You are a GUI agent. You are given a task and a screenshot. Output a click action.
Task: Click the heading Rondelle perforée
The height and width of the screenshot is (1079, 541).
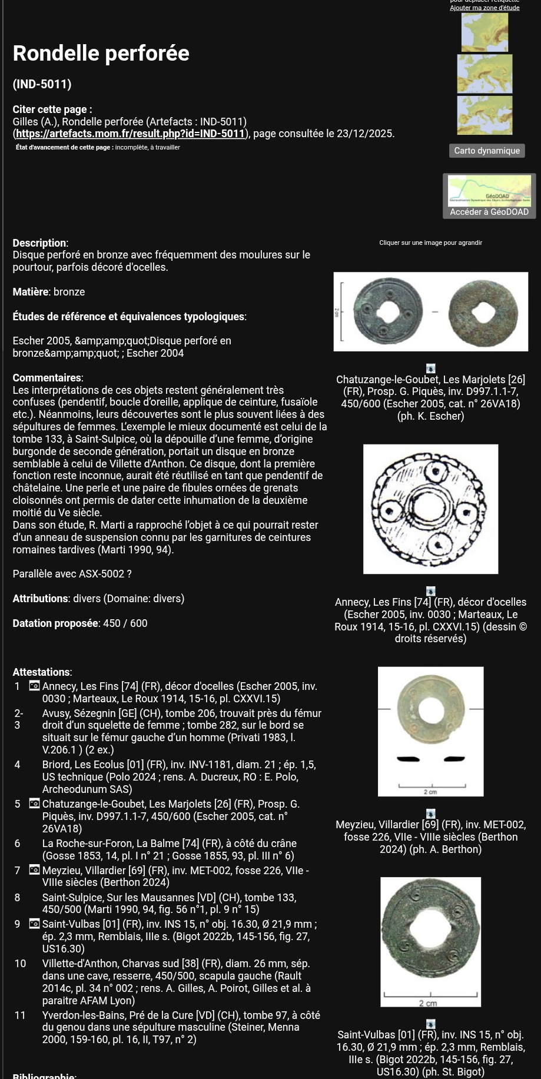click(x=101, y=54)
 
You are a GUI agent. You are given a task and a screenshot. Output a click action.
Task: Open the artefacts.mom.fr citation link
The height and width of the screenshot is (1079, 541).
click(x=130, y=134)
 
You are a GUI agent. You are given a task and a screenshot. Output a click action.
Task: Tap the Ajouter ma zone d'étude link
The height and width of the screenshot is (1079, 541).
click(x=484, y=8)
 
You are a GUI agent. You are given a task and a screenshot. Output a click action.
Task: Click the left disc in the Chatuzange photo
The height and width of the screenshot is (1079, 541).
click(x=383, y=311)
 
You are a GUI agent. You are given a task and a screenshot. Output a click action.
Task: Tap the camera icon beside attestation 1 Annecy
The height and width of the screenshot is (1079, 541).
click(x=35, y=686)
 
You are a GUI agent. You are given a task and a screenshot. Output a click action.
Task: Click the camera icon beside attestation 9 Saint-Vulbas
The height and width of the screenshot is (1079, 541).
click(x=35, y=924)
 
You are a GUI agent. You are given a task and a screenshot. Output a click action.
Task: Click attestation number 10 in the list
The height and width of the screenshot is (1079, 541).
click(x=20, y=964)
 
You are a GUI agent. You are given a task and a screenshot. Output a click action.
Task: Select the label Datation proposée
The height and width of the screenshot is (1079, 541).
click(x=55, y=623)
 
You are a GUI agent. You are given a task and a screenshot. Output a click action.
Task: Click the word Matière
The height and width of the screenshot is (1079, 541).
click(x=31, y=292)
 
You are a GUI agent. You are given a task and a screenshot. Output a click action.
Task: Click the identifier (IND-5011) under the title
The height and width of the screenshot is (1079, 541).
click(x=42, y=84)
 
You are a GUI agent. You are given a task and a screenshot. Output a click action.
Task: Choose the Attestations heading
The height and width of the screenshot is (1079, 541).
click(x=42, y=672)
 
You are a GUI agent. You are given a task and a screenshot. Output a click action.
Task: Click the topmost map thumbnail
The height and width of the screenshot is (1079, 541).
click(x=484, y=32)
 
